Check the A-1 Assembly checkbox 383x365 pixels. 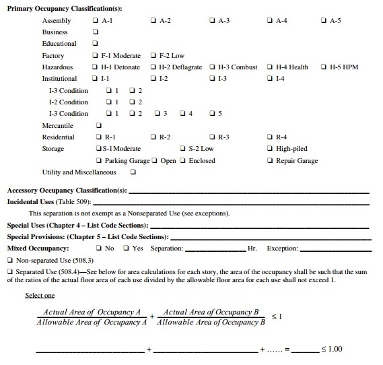pos(96,21)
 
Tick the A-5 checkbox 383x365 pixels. pos(325,21)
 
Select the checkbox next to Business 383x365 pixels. pos(96,32)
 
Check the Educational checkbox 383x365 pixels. pos(96,44)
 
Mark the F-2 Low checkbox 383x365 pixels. pos(155,56)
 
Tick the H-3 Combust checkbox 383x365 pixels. pos(213,67)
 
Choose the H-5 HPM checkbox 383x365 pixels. pos(325,67)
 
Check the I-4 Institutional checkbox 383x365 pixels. pos(271,79)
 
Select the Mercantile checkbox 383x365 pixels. pos(99,125)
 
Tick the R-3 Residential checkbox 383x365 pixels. pos(213,137)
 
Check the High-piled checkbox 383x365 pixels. pos(271,149)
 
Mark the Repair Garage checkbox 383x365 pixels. pos(271,161)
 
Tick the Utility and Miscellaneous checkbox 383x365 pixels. pos(133,172)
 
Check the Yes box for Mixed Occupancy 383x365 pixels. pos(128,248)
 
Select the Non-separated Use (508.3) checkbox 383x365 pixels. pos(10,260)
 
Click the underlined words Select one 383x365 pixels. pos(40,296)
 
